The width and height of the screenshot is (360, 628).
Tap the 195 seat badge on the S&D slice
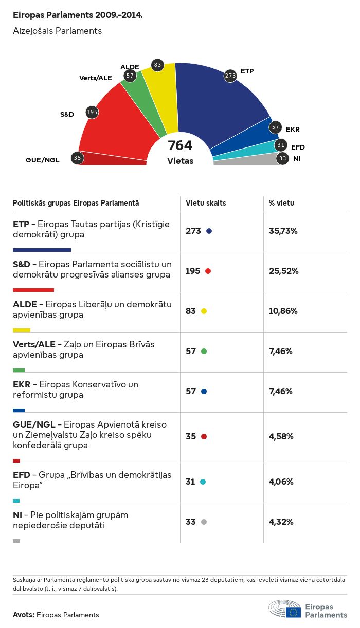pyautogui.click(x=92, y=112)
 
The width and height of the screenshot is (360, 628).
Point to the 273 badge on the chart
pyautogui.click(x=230, y=76)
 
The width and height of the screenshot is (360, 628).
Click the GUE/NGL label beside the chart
pyautogui.click(x=43, y=160)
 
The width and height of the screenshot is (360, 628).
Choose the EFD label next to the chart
pyautogui.click(x=298, y=147)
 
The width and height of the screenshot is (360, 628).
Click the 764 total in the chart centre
pyautogui.click(x=180, y=146)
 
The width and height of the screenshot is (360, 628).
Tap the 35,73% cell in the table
pyautogui.click(x=283, y=231)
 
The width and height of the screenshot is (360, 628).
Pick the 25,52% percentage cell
pyautogui.click(x=283, y=271)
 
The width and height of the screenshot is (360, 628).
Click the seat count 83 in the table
pyautogui.click(x=191, y=311)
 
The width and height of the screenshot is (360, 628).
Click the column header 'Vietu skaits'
pyautogui.click(x=206, y=203)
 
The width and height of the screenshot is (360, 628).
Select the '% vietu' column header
pyautogui.click(x=281, y=203)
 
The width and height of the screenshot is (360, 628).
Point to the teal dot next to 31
pyautogui.click(x=203, y=482)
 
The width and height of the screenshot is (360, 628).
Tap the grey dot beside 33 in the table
pyautogui.click(x=204, y=522)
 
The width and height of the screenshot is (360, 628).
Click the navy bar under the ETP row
pyautogui.click(x=42, y=250)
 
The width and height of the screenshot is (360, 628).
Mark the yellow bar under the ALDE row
pyautogui.click(x=22, y=330)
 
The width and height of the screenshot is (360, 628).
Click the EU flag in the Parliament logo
pyautogui.click(x=294, y=612)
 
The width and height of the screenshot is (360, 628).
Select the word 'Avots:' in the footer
pyautogui.click(x=24, y=615)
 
